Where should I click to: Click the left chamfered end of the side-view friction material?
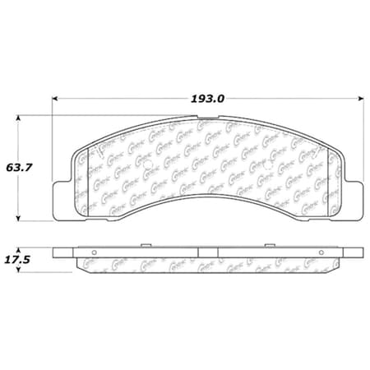pos(83,262)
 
